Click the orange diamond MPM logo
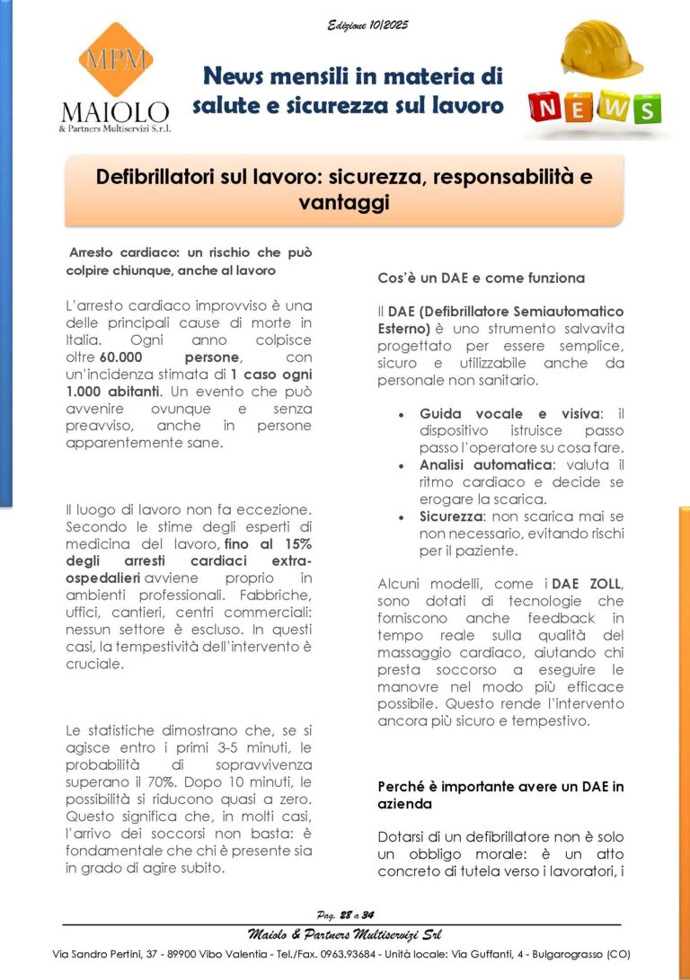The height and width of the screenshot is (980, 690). click(x=115, y=60)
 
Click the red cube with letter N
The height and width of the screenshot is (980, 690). click(x=546, y=108)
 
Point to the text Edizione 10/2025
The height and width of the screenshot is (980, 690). click(x=367, y=25)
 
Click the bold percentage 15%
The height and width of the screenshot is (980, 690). click(x=293, y=544)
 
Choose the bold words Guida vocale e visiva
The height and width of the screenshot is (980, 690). click(x=508, y=414)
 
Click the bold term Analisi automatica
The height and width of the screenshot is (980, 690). click(x=486, y=465)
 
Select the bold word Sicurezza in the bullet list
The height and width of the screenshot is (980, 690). click(x=455, y=517)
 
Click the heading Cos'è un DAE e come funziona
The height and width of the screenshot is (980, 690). click(x=481, y=278)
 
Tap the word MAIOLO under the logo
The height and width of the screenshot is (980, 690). click(x=115, y=112)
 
